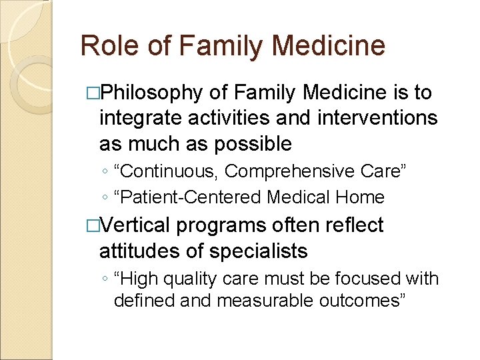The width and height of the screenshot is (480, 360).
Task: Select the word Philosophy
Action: pyautogui.click(x=150, y=93)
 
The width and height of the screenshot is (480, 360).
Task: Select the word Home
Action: pyautogui.click(x=361, y=197)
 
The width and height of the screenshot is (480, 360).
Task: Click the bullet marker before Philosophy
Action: pyautogui.click(x=93, y=93)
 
